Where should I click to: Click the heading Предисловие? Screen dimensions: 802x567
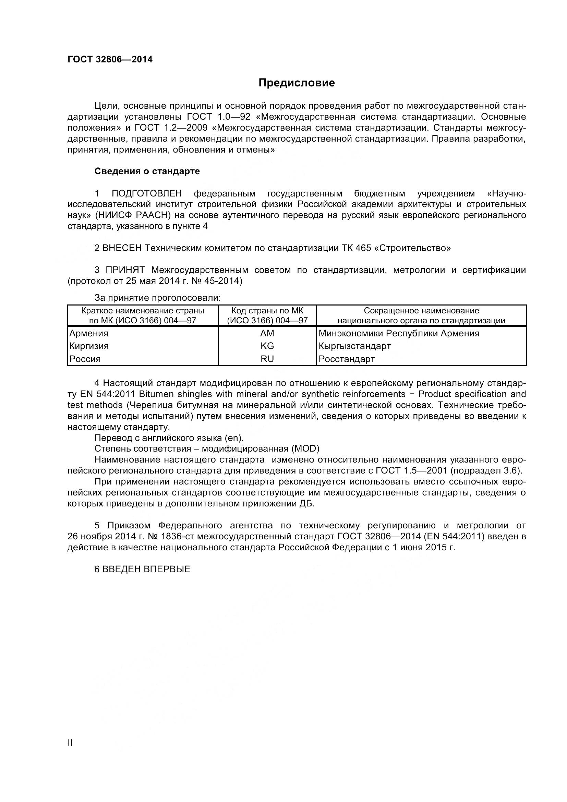[x=297, y=83]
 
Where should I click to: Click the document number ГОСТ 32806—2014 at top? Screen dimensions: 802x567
[x=110, y=59]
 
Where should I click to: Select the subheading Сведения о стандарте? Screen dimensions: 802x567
[x=147, y=171]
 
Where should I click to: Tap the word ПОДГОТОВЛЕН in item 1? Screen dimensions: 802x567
[x=147, y=193]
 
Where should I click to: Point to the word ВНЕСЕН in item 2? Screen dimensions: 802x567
[x=122, y=248]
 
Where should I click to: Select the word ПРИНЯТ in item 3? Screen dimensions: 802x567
[x=125, y=270]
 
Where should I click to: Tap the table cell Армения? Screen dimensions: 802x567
[x=89, y=333]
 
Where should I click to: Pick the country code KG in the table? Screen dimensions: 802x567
[x=267, y=346]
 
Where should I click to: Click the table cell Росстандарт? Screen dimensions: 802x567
[x=346, y=359]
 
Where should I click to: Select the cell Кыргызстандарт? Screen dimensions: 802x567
[x=354, y=346]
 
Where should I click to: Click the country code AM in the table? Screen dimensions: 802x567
[x=267, y=333]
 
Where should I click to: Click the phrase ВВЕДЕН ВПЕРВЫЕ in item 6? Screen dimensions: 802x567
[x=146, y=570]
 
